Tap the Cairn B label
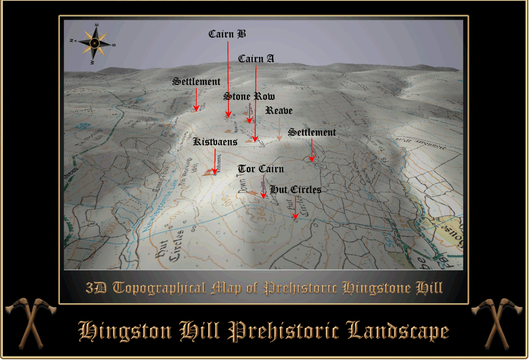click(x=227, y=35)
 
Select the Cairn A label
click(x=256, y=59)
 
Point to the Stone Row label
click(x=249, y=97)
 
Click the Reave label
click(x=279, y=111)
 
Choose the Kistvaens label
click(x=215, y=142)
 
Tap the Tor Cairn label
click(x=261, y=169)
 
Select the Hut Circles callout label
click(x=295, y=190)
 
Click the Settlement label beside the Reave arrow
click(x=312, y=132)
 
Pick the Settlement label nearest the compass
click(x=196, y=82)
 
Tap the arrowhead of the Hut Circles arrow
click(x=295, y=217)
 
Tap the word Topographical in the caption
click(x=159, y=288)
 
